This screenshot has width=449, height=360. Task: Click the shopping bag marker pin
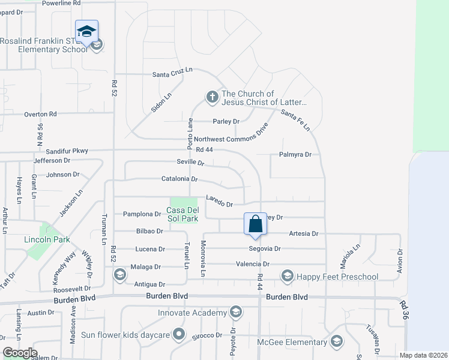(255, 224)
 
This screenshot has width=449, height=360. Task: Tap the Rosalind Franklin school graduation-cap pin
(86, 31)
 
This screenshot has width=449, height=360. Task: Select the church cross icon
(211, 96)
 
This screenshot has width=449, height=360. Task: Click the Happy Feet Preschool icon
(287, 276)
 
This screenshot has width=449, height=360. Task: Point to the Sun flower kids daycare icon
(178, 334)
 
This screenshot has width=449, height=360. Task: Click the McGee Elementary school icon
(336, 342)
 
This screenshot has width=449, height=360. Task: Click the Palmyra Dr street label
(295, 154)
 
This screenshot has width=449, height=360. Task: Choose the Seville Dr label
(190, 163)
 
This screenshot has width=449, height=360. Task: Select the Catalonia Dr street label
(179, 179)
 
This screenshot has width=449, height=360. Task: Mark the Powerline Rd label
(61, 3)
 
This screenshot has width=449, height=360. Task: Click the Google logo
(19, 353)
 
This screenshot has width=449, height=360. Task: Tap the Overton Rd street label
(40, 114)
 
